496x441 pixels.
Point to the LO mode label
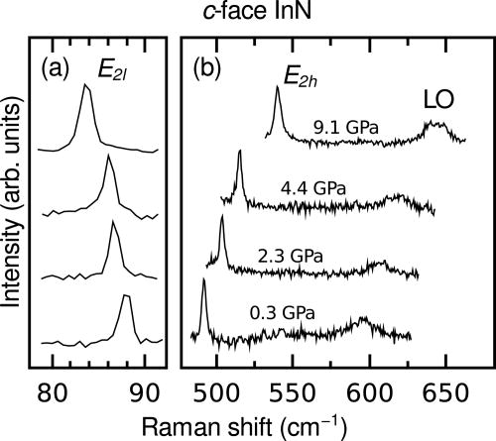tap(440, 103)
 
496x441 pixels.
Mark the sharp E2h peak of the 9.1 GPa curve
tap(278, 88)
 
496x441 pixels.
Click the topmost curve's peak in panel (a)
tap(86, 87)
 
